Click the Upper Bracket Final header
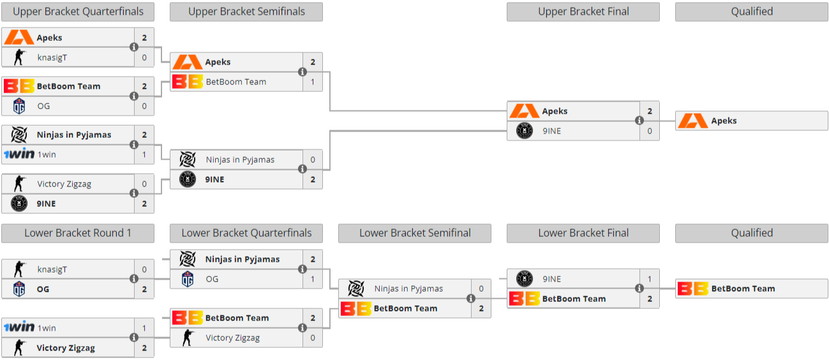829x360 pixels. coord(583,12)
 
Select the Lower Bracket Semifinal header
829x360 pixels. coord(415,233)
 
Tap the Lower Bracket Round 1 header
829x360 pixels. coord(78,233)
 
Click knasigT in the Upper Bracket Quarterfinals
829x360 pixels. coord(52,57)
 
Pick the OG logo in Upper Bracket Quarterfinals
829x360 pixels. coord(19,106)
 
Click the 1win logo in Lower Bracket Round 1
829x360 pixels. coord(19,327)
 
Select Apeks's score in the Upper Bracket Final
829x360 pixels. coord(650,111)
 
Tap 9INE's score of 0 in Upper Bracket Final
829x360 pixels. coord(650,131)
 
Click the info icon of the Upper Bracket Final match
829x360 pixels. coord(639,121)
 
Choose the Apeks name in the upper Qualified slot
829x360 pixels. coord(724,121)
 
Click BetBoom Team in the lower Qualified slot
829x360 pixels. coord(743,289)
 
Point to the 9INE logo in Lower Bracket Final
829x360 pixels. coord(525,278)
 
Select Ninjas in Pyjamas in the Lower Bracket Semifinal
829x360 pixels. coord(408,289)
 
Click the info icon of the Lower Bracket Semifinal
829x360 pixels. coord(471,298)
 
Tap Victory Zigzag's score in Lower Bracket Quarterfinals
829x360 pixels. coord(313,338)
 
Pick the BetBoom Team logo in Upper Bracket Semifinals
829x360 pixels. coord(188,82)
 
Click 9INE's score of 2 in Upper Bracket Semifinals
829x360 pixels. coord(313,179)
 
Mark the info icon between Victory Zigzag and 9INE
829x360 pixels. coord(134,193)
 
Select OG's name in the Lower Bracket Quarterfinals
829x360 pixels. coord(212,279)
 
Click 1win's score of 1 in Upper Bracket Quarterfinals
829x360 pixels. coord(144,154)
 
